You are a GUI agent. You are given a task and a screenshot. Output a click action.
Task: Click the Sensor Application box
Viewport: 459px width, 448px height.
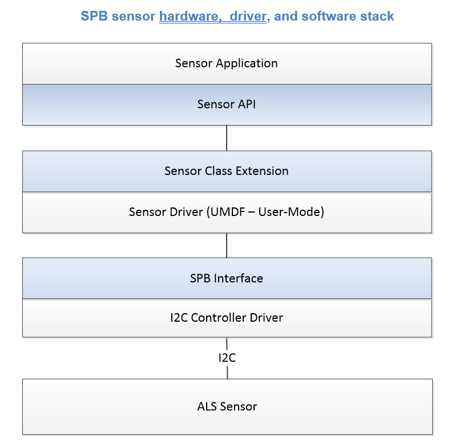(x=227, y=63)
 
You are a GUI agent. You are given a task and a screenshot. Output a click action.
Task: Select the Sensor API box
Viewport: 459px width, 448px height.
(x=227, y=105)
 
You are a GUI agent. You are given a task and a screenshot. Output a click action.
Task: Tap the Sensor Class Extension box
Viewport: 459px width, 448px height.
(x=227, y=171)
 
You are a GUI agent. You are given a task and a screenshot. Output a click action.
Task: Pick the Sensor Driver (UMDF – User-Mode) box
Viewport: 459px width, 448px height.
(x=227, y=213)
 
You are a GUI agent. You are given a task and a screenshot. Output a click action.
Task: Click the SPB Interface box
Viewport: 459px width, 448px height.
(x=227, y=278)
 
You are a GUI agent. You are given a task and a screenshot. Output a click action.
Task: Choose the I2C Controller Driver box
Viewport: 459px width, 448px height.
(x=227, y=318)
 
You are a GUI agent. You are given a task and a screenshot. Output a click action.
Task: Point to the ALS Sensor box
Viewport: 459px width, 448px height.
(x=227, y=407)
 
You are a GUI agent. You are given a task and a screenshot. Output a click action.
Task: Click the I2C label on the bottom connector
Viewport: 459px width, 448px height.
(x=227, y=358)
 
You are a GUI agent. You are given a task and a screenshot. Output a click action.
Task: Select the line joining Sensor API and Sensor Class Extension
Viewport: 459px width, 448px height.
(x=227, y=138)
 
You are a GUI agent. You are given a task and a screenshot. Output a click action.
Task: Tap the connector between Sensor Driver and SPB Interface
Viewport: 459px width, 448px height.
(x=227, y=246)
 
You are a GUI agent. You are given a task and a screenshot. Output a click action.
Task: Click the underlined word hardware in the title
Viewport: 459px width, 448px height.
(x=190, y=17)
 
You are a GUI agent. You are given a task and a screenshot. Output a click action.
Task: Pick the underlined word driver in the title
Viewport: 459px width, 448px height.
(x=248, y=17)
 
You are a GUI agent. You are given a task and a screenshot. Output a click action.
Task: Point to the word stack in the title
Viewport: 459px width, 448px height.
(x=377, y=16)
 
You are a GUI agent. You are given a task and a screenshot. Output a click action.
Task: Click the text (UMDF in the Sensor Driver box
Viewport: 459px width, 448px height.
(x=226, y=212)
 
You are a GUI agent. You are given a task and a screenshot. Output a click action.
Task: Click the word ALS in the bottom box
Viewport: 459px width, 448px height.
(x=207, y=406)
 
